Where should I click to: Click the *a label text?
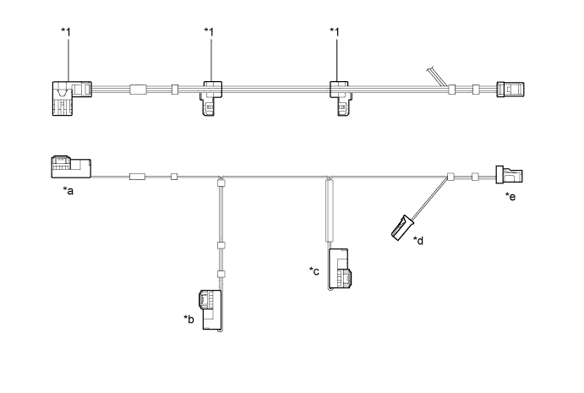coord(69,191)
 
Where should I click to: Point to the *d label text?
coord(418,241)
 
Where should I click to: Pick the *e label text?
coord(510,196)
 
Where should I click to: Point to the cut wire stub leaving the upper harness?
coord(437,75)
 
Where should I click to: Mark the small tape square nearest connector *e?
coord(475,177)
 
